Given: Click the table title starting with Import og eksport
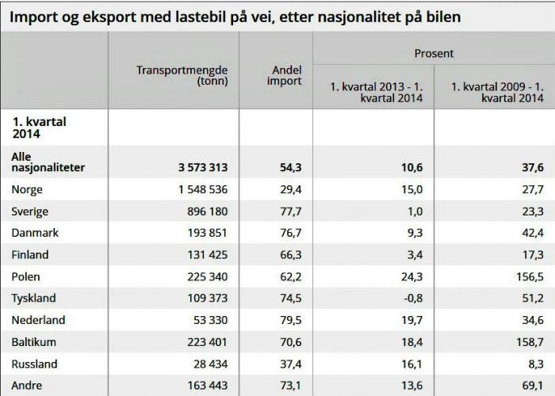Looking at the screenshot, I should tap(235, 16).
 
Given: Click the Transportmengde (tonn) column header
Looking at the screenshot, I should tap(182, 75).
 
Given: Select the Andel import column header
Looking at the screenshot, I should tap(283, 75).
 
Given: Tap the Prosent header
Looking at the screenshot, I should tap(434, 53).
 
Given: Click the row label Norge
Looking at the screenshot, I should tap(28, 190).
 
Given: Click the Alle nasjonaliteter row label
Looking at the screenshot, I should tap(48, 162).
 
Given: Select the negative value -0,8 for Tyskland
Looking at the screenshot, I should tap(412, 299).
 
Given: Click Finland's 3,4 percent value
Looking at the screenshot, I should tap(415, 256).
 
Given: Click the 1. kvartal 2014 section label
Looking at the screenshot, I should tap(38, 128).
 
